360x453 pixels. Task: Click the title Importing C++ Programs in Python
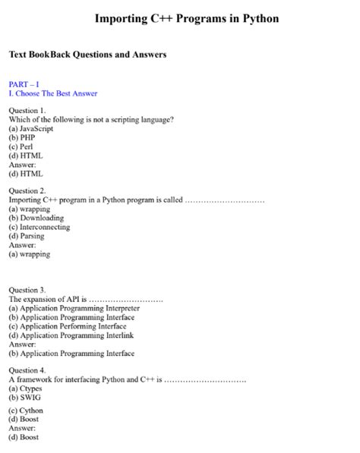[187, 18]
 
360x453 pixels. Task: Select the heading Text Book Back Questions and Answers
[87, 55]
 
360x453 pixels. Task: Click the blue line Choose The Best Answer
[53, 93]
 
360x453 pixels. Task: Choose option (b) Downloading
[36, 218]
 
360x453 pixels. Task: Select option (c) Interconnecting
[39, 227]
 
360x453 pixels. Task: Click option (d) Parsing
[27, 236]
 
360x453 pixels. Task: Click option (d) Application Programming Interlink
[71, 335]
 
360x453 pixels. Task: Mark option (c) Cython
[26, 411]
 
